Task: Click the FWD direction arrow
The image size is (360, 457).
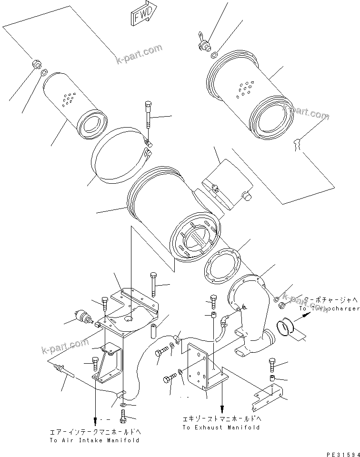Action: point(141,16)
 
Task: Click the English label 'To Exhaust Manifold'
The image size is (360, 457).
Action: point(221,427)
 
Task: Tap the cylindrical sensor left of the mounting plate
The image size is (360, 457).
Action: point(83,316)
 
